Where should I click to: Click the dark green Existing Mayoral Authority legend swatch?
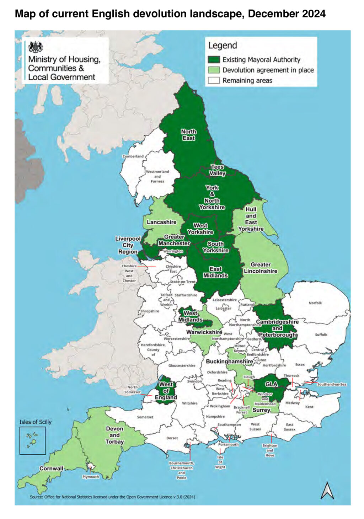[x=214, y=60]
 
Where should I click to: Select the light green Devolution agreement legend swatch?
[x=214, y=70]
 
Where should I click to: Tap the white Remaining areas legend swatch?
[x=214, y=80]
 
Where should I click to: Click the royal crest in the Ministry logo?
[x=36, y=47]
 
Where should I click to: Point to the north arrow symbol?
[x=327, y=491]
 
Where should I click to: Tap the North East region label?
[x=188, y=135]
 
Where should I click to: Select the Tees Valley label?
[x=217, y=170]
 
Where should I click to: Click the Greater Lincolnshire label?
[x=261, y=268]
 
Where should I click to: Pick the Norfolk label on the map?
[x=315, y=303]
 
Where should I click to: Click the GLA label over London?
[x=271, y=384]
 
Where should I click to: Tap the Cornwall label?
[x=51, y=469]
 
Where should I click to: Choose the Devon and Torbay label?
[x=114, y=435]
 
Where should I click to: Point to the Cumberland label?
[x=133, y=156]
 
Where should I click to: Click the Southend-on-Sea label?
[x=332, y=384]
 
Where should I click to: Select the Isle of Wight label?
[x=220, y=462]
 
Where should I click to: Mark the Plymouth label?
[x=91, y=477]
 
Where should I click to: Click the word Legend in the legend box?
[x=223, y=46]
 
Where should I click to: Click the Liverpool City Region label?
[x=128, y=245]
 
